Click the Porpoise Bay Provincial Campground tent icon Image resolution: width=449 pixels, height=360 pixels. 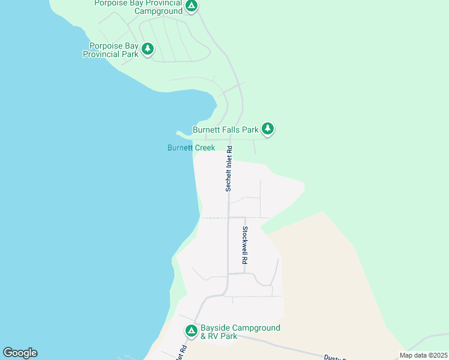pyautogui.click(x=191, y=7)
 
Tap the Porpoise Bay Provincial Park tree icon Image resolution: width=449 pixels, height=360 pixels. pyautogui.click(x=147, y=49)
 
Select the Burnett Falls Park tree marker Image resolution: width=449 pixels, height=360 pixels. pyautogui.click(x=268, y=129)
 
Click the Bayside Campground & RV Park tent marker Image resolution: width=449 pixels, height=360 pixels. pyautogui.click(x=191, y=331)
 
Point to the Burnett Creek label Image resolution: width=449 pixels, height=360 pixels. pyautogui.click(x=191, y=148)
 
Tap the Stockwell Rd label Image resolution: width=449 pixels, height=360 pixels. pyautogui.click(x=245, y=246)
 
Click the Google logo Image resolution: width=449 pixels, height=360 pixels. pyautogui.click(x=20, y=353)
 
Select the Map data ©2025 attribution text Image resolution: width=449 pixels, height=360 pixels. pyautogui.click(x=423, y=355)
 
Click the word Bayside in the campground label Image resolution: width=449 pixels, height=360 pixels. pyautogui.click(x=215, y=328)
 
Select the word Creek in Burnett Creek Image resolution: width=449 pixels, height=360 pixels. pyautogui.click(x=203, y=148)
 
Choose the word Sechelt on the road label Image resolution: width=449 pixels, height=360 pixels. pyautogui.click(x=229, y=181)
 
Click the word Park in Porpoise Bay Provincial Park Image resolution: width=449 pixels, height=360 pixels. pyautogui.click(x=128, y=54)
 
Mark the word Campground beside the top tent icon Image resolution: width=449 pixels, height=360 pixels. pyautogui.click(x=158, y=11)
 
